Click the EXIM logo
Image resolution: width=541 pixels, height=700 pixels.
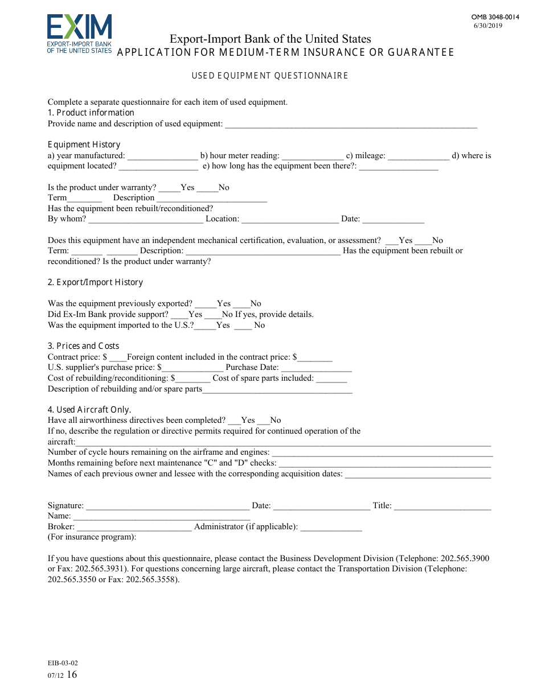(x=79, y=34)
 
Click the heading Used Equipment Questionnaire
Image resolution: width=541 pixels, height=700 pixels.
(x=270, y=76)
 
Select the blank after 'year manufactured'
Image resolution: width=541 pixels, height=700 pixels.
(x=162, y=156)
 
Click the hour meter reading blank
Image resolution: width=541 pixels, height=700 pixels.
(x=313, y=156)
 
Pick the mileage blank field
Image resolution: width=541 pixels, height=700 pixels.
(x=419, y=156)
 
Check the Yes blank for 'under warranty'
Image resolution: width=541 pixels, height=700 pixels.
(x=169, y=188)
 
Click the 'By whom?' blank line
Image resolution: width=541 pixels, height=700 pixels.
(x=146, y=219)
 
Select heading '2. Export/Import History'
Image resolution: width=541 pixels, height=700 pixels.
(x=95, y=282)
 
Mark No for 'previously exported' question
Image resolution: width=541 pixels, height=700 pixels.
(x=241, y=304)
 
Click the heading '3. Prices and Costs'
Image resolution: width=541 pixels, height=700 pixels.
(x=84, y=346)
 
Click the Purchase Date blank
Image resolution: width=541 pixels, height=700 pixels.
(x=316, y=368)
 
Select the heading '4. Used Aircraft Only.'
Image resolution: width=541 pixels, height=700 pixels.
(x=89, y=410)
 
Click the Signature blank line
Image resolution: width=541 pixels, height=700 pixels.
(x=167, y=506)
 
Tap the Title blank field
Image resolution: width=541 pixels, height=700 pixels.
(x=442, y=506)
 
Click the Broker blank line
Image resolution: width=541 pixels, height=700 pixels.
(x=134, y=527)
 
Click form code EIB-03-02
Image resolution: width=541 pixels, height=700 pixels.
(x=63, y=663)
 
